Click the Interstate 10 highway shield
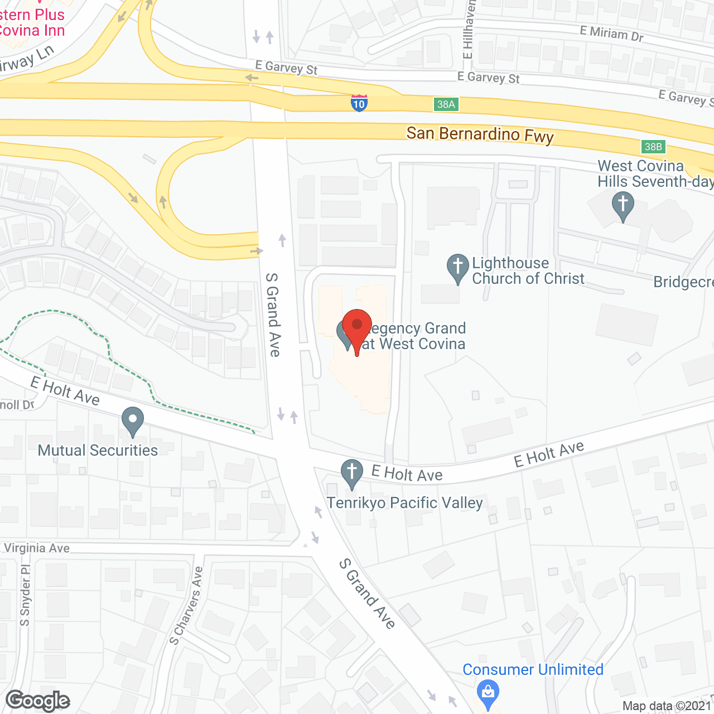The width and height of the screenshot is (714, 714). pyautogui.click(x=359, y=103)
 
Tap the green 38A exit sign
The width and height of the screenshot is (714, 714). pyautogui.click(x=446, y=104)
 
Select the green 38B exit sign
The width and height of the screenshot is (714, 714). pyautogui.click(x=653, y=147)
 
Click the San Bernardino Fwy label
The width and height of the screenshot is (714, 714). pyautogui.click(x=480, y=134)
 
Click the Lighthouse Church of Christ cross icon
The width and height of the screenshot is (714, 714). pyautogui.click(x=458, y=268)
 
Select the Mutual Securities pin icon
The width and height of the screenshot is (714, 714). pyautogui.click(x=132, y=421)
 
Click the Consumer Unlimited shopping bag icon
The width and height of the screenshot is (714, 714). pyautogui.click(x=488, y=693)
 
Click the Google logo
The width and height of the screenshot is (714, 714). pyautogui.click(x=38, y=701)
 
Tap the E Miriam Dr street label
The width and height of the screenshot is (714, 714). pyautogui.click(x=612, y=34)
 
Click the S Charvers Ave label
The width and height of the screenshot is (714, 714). pyautogui.click(x=186, y=606)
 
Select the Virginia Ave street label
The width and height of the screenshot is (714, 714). pyautogui.click(x=37, y=548)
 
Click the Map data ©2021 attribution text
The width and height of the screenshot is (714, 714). pyautogui.click(x=667, y=706)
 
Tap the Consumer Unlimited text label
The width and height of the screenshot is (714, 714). pyautogui.click(x=533, y=669)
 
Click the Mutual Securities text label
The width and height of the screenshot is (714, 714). pyautogui.click(x=98, y=450)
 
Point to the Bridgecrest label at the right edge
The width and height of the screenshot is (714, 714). pyautogui.click(x=683, y=282)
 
